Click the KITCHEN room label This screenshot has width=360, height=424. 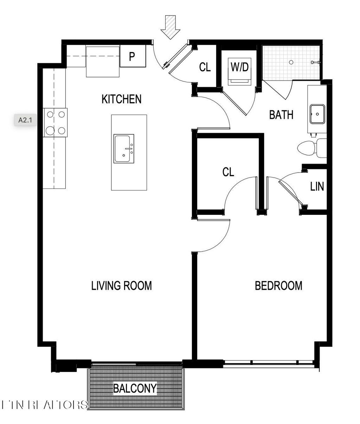pos(121,99)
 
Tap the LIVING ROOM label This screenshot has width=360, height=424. pos(121,285)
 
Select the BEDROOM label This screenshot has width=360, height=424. pos(278,285)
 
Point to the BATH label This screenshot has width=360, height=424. pos(281,115)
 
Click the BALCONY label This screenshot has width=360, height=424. pos(135,388)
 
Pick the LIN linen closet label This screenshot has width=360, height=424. pos(317,186)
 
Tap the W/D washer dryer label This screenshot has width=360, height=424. pos(240,67)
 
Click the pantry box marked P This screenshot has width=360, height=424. pos(133,56)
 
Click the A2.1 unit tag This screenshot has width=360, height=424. pos(25,120)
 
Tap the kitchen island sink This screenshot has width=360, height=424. pos(124,149)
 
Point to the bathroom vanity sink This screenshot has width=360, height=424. pos(317,114)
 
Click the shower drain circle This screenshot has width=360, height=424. pos(291,62)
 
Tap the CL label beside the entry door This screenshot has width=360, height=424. pos(205,67)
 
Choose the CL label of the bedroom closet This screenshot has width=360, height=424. pos(228,172)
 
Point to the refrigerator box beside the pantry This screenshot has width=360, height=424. pos(103,62)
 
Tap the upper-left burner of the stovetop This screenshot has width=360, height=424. pos(50,114)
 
